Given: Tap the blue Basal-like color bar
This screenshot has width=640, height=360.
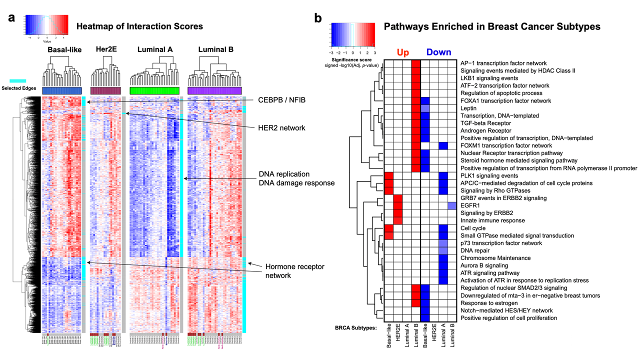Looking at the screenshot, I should click(62, 90).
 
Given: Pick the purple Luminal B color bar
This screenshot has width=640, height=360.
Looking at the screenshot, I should click(214, 90).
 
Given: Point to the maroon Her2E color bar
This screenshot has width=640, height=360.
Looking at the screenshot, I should click(106, 90).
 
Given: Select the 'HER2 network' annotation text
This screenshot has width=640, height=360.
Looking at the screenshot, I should click(281, 128).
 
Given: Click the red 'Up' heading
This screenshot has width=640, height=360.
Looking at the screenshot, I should click(403, 52).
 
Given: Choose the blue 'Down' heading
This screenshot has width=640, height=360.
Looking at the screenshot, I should click(438, 52).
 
